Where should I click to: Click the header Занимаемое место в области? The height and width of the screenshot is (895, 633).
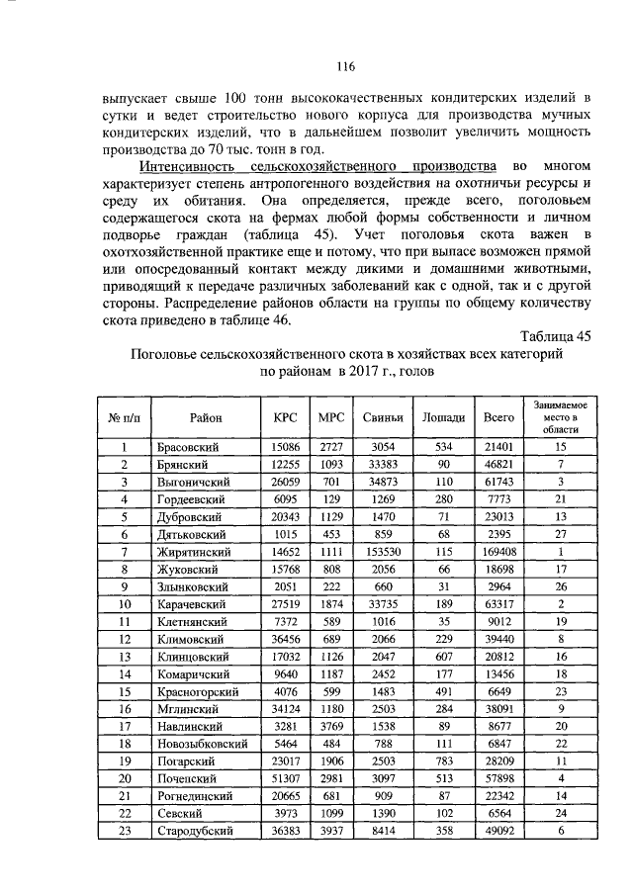pyautogui.click(x=560, y=417)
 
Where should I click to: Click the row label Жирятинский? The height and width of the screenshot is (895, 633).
pyautogui.click(x=194, y=552)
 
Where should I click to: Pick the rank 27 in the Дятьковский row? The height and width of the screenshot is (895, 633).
pyautogui.click(x=560, y=534)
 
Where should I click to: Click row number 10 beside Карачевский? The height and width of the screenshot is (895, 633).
pyautogui.click(x=126, y=604)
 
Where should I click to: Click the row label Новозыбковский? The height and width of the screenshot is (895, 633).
pyautogui.click(x=204, y=744)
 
